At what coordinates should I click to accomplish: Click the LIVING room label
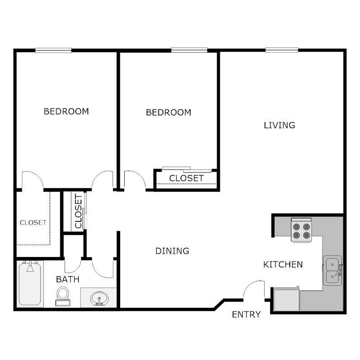(279, 125)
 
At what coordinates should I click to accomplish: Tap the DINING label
(172, 251)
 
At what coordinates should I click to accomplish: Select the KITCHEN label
(283, 265)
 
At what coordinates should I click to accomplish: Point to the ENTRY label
(246, 315)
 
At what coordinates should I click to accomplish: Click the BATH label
(67, 279)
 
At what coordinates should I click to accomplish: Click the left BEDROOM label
(66, 111)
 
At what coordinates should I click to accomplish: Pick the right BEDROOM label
(169, 112)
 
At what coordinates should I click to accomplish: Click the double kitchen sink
(333, 271)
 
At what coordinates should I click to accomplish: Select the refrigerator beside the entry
(285, 298)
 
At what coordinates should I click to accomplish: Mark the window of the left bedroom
(53, 50)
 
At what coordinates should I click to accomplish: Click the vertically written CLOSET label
(78, 211)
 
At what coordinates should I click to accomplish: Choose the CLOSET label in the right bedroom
(186, 178)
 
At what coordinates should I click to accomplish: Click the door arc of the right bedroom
(135, 179)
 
